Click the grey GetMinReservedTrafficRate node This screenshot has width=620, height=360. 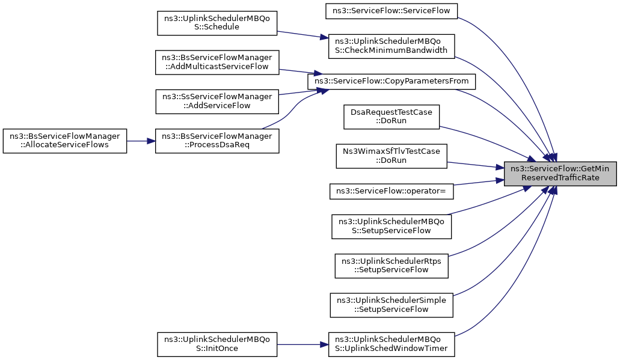point(560,174)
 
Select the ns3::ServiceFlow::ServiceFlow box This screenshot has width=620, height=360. point(391,11)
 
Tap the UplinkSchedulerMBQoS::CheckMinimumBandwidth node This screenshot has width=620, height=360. point(391,46)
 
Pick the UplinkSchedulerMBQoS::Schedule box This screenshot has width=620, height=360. point(217,23)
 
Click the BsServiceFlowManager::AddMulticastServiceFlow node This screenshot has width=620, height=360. point(217,63)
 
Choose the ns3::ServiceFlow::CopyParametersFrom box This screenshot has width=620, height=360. point(391,81)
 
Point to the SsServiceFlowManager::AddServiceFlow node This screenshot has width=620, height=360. point(217,102)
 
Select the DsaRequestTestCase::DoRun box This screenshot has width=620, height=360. point(391,117)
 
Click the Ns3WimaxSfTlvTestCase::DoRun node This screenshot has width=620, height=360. point(391,156)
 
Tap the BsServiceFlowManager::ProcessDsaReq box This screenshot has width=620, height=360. point(217,141)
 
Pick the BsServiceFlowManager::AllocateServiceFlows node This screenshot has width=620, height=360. point(65,141)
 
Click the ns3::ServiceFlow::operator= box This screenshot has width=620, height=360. point(391,191)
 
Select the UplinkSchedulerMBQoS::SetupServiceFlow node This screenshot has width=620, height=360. point(391,227)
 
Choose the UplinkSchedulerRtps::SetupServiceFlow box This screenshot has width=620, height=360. point(391,266)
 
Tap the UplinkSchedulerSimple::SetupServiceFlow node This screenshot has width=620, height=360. point(391,305)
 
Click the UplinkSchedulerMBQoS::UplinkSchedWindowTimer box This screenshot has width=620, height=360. point(391,344)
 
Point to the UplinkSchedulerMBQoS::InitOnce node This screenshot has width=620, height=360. point(217,344)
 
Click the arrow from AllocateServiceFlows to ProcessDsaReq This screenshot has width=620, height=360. point(141,141)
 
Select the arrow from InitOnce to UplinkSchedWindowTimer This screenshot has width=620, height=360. point(302,344)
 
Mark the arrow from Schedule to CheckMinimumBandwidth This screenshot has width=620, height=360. point(302,34)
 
